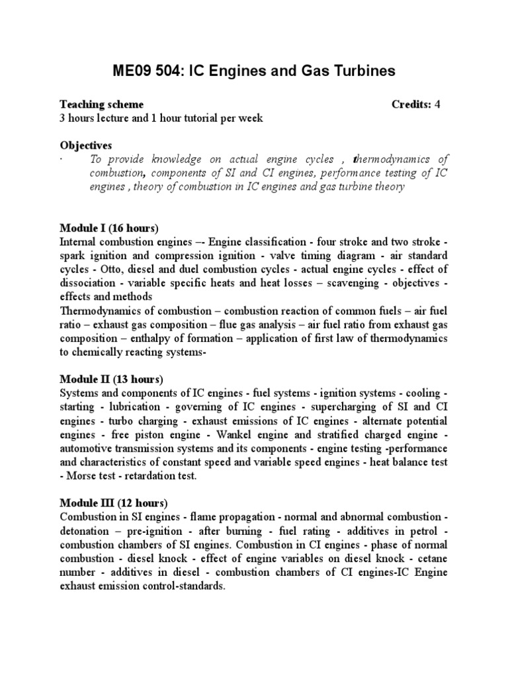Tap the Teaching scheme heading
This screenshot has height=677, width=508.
point(102,104)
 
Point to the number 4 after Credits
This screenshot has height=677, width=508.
point(437,104)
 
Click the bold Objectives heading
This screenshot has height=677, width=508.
point(86,145)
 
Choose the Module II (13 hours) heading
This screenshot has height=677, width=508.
point(111,379)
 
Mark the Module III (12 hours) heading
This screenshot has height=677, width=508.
point(114,502)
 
